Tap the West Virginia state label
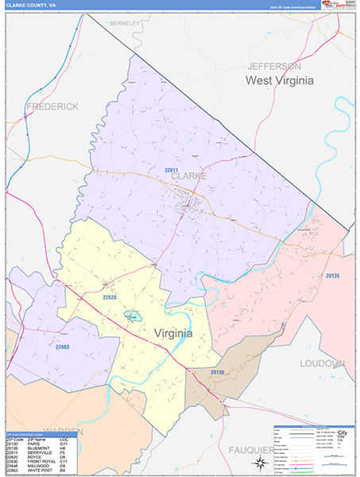279,80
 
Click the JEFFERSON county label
273,65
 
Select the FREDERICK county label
52,106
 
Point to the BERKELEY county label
126,24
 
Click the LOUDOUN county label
323,363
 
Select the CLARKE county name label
189,176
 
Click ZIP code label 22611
171,169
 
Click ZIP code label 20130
218,372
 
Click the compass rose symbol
260,463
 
